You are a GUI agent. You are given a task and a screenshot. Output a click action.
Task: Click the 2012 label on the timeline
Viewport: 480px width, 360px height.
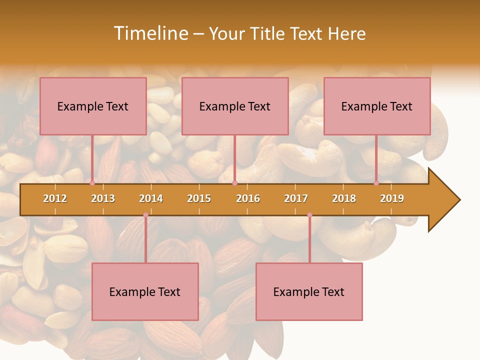tap(55, 198)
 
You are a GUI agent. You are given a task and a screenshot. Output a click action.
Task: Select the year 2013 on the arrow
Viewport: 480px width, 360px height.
tap(103, 198)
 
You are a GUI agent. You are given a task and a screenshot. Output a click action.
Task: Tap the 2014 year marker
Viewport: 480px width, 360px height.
tap(151, 198)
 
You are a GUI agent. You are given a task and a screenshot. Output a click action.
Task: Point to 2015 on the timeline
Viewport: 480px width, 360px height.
tap(199, 198)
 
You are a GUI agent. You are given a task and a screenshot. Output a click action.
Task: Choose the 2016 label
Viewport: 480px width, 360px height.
tap(248, 198)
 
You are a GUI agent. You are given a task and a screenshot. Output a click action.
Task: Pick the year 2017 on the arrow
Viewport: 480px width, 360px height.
tap(296, 198)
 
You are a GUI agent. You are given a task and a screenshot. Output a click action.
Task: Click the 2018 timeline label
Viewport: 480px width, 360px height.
tap(344, 198)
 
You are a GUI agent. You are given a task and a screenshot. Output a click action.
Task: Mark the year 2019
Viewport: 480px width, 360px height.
tap(392, 198)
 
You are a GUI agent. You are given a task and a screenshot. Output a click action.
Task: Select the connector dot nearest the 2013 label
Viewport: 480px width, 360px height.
tap(92, 183)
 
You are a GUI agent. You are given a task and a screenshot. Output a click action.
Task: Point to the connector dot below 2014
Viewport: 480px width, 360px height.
tap(145, 215)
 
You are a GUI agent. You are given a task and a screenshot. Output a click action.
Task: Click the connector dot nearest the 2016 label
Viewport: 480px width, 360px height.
tap(234, 183)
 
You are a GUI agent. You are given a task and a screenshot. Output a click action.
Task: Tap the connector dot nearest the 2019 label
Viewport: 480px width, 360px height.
tap(376, 183)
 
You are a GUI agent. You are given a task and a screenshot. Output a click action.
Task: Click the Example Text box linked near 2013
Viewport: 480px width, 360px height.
tap(93, 106)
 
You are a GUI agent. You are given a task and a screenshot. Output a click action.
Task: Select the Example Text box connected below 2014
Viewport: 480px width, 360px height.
tap(145, 291)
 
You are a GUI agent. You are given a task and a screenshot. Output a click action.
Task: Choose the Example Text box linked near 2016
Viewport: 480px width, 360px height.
tap(235, 106)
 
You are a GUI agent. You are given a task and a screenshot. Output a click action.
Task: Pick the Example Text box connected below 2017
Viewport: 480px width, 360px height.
tap(309, 291)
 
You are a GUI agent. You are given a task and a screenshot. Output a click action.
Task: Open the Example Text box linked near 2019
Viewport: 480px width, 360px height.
tap(377, 106)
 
